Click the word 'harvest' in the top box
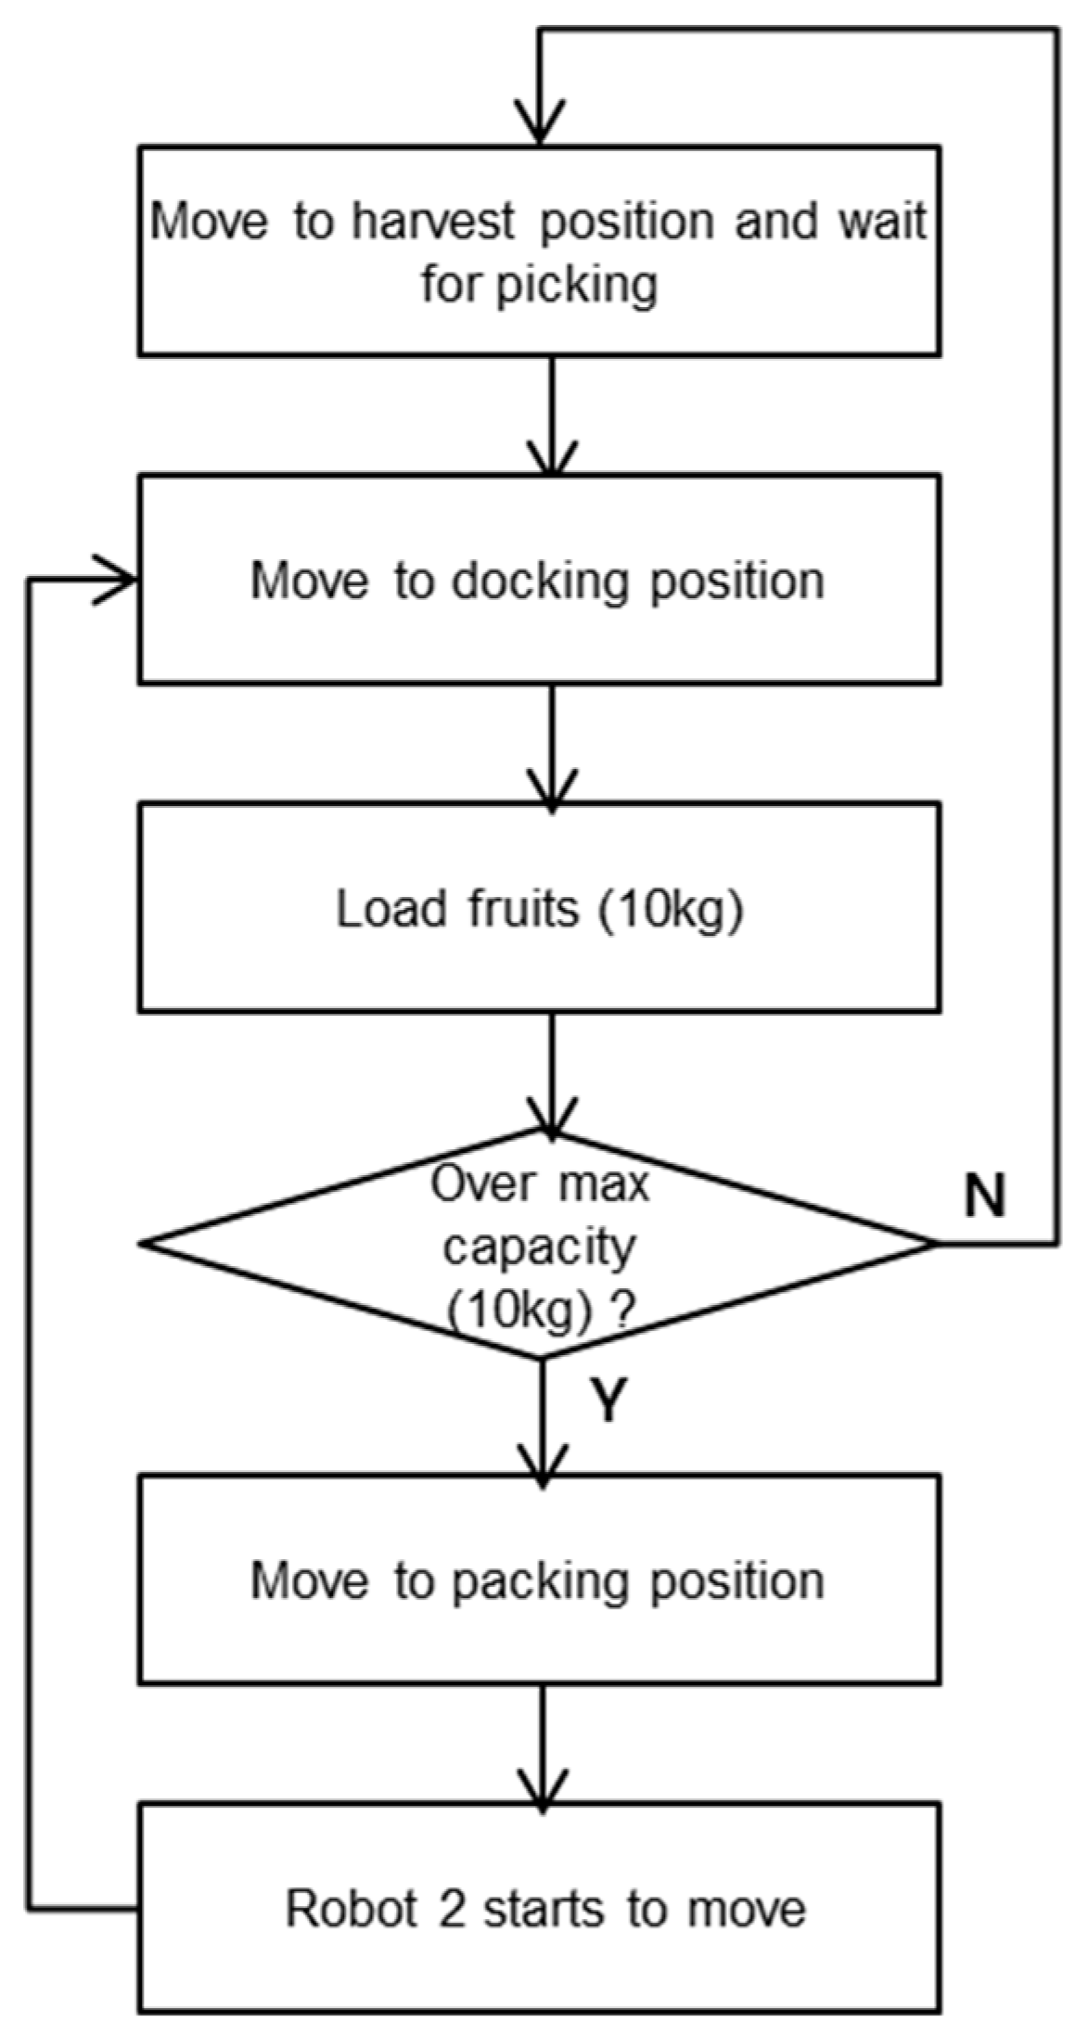point(431,223)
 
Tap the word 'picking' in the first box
point(575,285)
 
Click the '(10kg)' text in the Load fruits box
point(670,909)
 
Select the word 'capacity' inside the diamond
point(539,1247)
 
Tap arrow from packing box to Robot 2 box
point(543,1745)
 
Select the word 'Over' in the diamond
point(470,1185)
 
